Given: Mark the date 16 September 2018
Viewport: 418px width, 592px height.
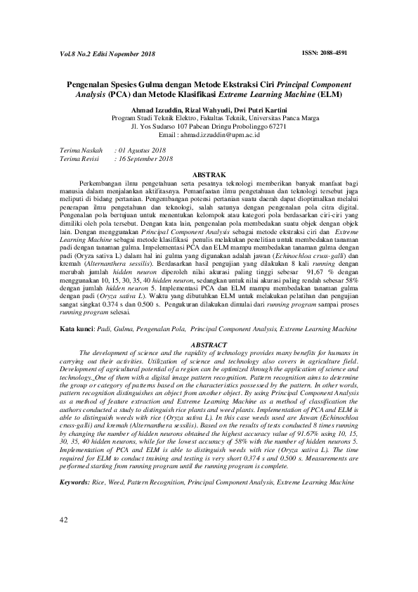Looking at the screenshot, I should (146, 159).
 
